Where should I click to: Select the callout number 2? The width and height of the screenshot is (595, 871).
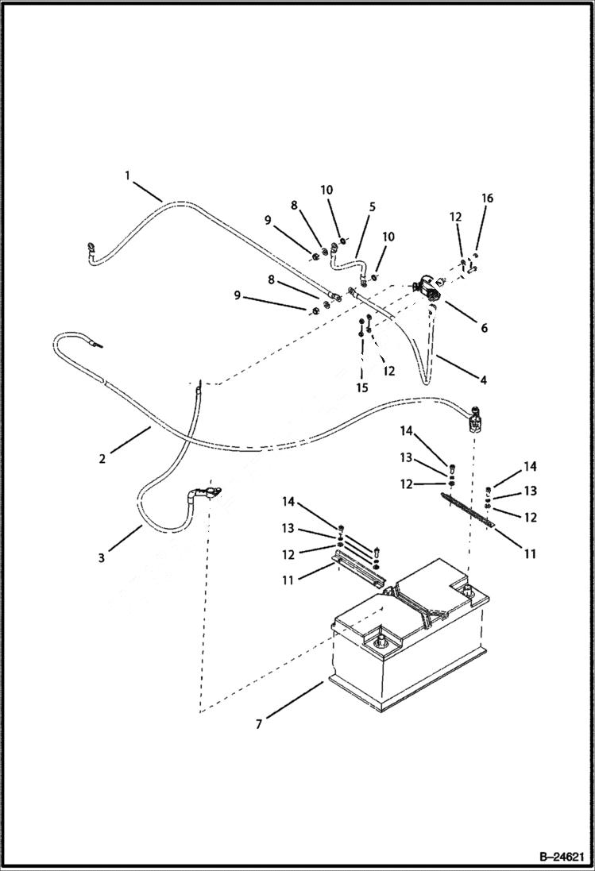pos(102,458)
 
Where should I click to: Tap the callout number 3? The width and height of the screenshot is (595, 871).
pos(102,558)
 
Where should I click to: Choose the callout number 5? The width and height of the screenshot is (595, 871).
pos(372,206)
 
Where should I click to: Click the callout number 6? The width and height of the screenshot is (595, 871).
pos(484,327)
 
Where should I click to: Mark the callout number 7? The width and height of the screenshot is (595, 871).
pos(258,723)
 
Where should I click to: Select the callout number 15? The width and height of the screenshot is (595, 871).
pos(362,388)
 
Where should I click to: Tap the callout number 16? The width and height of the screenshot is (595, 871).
pos(488,198)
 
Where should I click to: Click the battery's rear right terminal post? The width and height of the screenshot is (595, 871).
pos(468,591)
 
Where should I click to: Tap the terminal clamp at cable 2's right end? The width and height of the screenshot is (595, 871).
pos(474,419)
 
